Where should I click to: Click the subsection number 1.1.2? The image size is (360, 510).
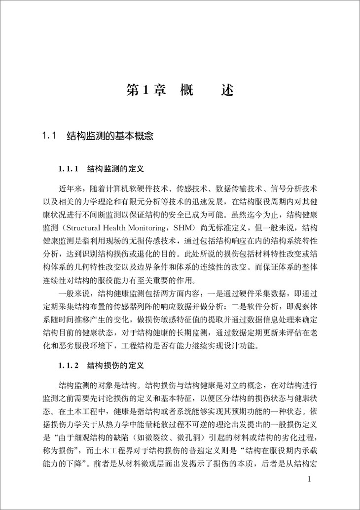click(x=69, y=366)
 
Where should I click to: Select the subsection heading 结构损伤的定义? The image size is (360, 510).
click(x=115, y=366)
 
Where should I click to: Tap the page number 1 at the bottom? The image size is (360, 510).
click(x=309, y=480)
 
